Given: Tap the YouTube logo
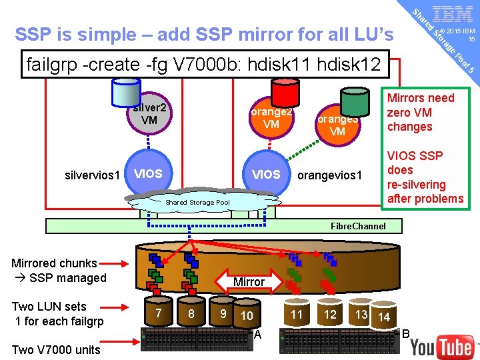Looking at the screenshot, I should click(441, 347).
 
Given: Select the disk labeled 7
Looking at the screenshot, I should click(158, 313).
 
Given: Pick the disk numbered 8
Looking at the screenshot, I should click(191, 313).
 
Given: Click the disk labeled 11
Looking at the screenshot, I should click(297, 314).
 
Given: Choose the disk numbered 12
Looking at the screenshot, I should click(330, 314).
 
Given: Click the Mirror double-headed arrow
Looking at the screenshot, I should click(249, 282).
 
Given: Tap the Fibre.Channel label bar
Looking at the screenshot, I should click(358, 226).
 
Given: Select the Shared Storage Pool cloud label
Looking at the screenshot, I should click(197, 202).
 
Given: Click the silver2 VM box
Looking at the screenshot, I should click(149, 113).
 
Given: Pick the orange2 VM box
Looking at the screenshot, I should click(271, 118).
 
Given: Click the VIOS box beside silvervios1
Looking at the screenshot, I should click(148, 174).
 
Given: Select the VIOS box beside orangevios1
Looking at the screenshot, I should click(266, 175).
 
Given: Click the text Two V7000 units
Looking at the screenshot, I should click(56, 349).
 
